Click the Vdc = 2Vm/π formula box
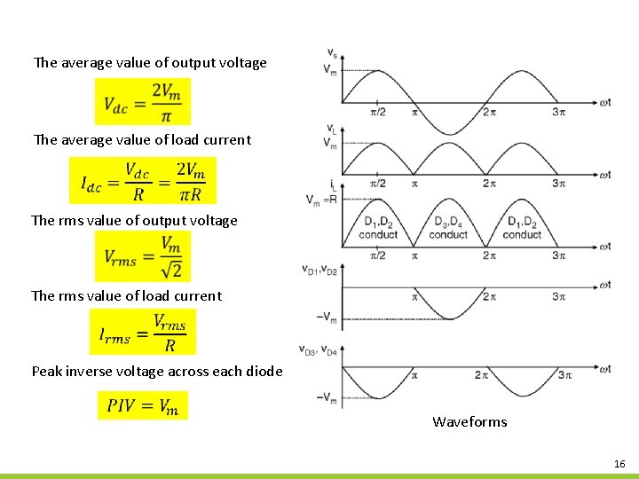(142, 102)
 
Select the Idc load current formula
(143, 181)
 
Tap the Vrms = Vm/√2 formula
(142, 257)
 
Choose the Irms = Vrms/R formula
(142, 333)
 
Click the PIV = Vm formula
(143, 405)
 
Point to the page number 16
(619, 464)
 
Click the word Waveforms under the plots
(469, 421)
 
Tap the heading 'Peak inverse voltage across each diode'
(157, 371)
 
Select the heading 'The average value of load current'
(142, 139)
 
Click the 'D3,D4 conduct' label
(448, 228)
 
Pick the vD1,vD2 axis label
(317, 269)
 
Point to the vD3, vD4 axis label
(317, 349)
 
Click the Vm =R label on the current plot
(320, 200)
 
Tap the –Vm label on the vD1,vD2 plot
(327, 317)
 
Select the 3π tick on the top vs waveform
(558, 112)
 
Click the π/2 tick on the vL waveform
(377, 184)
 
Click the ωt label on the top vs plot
(604, 102)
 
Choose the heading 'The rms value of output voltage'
(135, 220)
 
